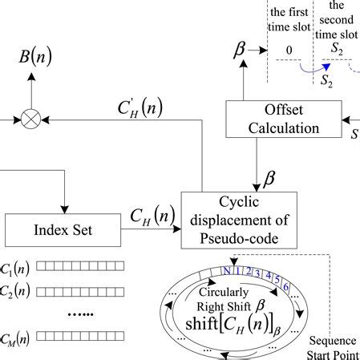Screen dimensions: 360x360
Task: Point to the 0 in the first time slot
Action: click(286, 49)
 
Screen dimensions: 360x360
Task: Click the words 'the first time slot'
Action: click(286, 20)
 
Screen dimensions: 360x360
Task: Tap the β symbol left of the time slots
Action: click(239, 51)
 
